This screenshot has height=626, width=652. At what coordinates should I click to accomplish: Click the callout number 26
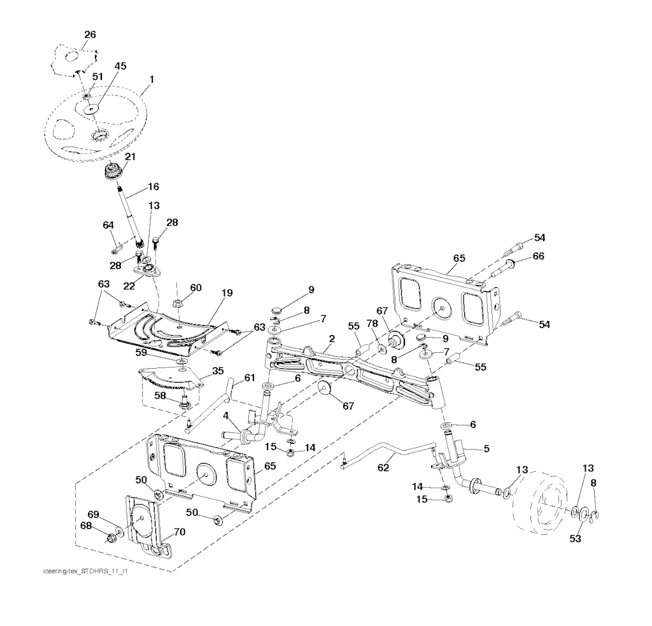click(x=90, y=34)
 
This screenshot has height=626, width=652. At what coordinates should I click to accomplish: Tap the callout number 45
click(x=120, y=66)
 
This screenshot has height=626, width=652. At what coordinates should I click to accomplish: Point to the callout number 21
click(x=130, y=156)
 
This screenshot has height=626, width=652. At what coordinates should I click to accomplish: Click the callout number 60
click(x=195, y=288)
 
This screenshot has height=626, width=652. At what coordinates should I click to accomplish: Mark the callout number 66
click(x=539, y=255)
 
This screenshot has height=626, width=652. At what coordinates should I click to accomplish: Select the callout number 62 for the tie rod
click(x=383, y=467)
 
